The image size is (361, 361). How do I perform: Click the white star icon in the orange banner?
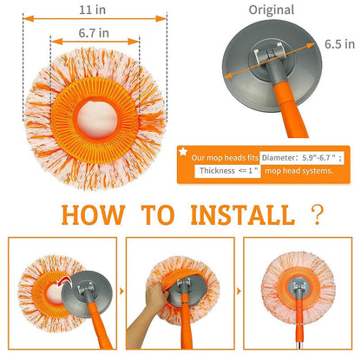point(183,152)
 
